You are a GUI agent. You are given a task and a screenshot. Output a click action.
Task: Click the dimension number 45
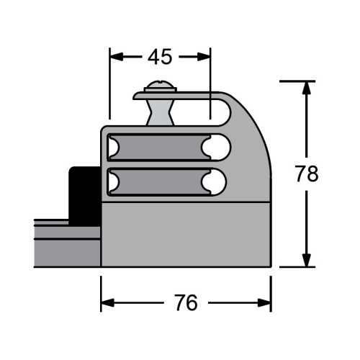pyautogui.click(x=160, y=57)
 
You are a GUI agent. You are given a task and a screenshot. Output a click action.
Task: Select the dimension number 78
pyautogui.click(x=307, y=174)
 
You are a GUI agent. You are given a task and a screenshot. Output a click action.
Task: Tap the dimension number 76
pyautogui.click(x=186, y=302)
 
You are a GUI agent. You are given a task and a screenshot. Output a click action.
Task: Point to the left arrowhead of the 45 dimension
pyautogui.click(x=117, y=57)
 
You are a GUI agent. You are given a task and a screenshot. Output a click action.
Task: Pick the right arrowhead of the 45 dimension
pyautogui.click(x=204, y=57)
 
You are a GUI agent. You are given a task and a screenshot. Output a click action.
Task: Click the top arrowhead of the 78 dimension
pyautogui.click(x=306, y=88)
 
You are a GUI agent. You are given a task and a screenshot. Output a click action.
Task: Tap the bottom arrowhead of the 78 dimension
pyautogui.click(x=306, y=260)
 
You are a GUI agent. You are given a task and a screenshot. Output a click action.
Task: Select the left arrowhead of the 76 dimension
pyautogui.click(x=108, y=303)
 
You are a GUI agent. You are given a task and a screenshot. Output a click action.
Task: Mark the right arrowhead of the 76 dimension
pyautogui.click(x=264, y=303)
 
